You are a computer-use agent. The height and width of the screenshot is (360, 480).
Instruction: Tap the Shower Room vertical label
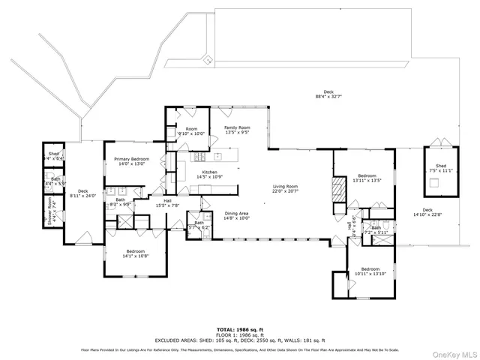pyautogui.click(x=51, y=216)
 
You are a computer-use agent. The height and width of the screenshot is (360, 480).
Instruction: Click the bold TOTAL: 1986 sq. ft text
pyautogui.click(x=239, y=329)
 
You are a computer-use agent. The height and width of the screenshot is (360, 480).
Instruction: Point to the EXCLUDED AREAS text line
pyautogui.click(x=239, y=340)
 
